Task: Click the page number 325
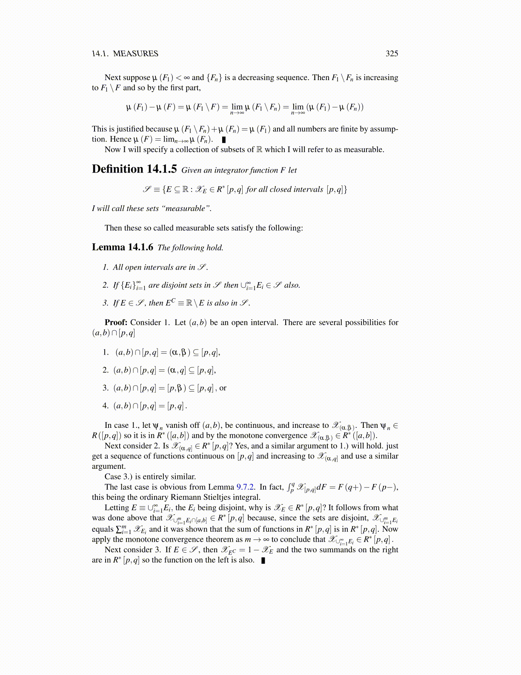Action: pyautogui.click(x=392, y=53)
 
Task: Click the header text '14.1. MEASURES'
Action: pyautogui.click(x=125, y=53)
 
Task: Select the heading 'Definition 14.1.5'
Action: pyautogui.click(x=134, y=169)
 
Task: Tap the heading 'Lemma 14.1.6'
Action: pyautogui.click(x=123, y=247)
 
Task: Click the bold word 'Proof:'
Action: pyautogui.click(x=116, y=323)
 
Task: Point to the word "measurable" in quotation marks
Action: pyautogui.click(x=188, y=208)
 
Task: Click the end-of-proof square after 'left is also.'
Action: pyautogui.click(x=263, y=560)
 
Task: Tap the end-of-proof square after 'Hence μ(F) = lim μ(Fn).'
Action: pyautogui.click(x=224, y=139)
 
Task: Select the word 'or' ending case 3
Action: pyautogui.click(x=223, y=388)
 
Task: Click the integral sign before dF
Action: pyautogui.click(x=291, y=487)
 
